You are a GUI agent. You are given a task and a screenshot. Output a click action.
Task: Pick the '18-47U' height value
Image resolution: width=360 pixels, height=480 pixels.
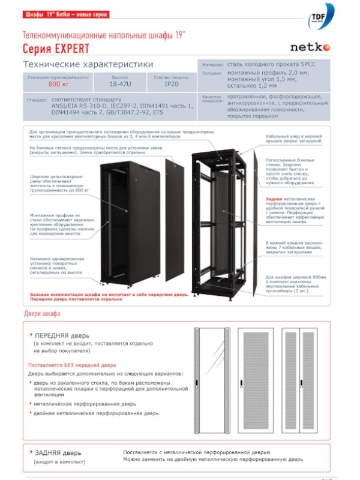tap(119, 85)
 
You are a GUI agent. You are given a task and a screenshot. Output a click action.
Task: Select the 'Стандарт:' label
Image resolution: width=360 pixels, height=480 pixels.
tap(37, 100)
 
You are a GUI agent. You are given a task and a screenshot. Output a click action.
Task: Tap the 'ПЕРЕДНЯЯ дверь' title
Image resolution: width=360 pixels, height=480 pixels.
tap(62, 335)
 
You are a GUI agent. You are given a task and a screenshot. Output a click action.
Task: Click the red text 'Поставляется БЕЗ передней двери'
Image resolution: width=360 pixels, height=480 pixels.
tap(72, 365)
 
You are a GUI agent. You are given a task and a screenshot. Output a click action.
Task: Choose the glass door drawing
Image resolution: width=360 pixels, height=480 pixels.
tap(212, 380)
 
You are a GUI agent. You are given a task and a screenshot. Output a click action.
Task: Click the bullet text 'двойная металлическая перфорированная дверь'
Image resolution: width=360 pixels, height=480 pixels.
tap(96, 413)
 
